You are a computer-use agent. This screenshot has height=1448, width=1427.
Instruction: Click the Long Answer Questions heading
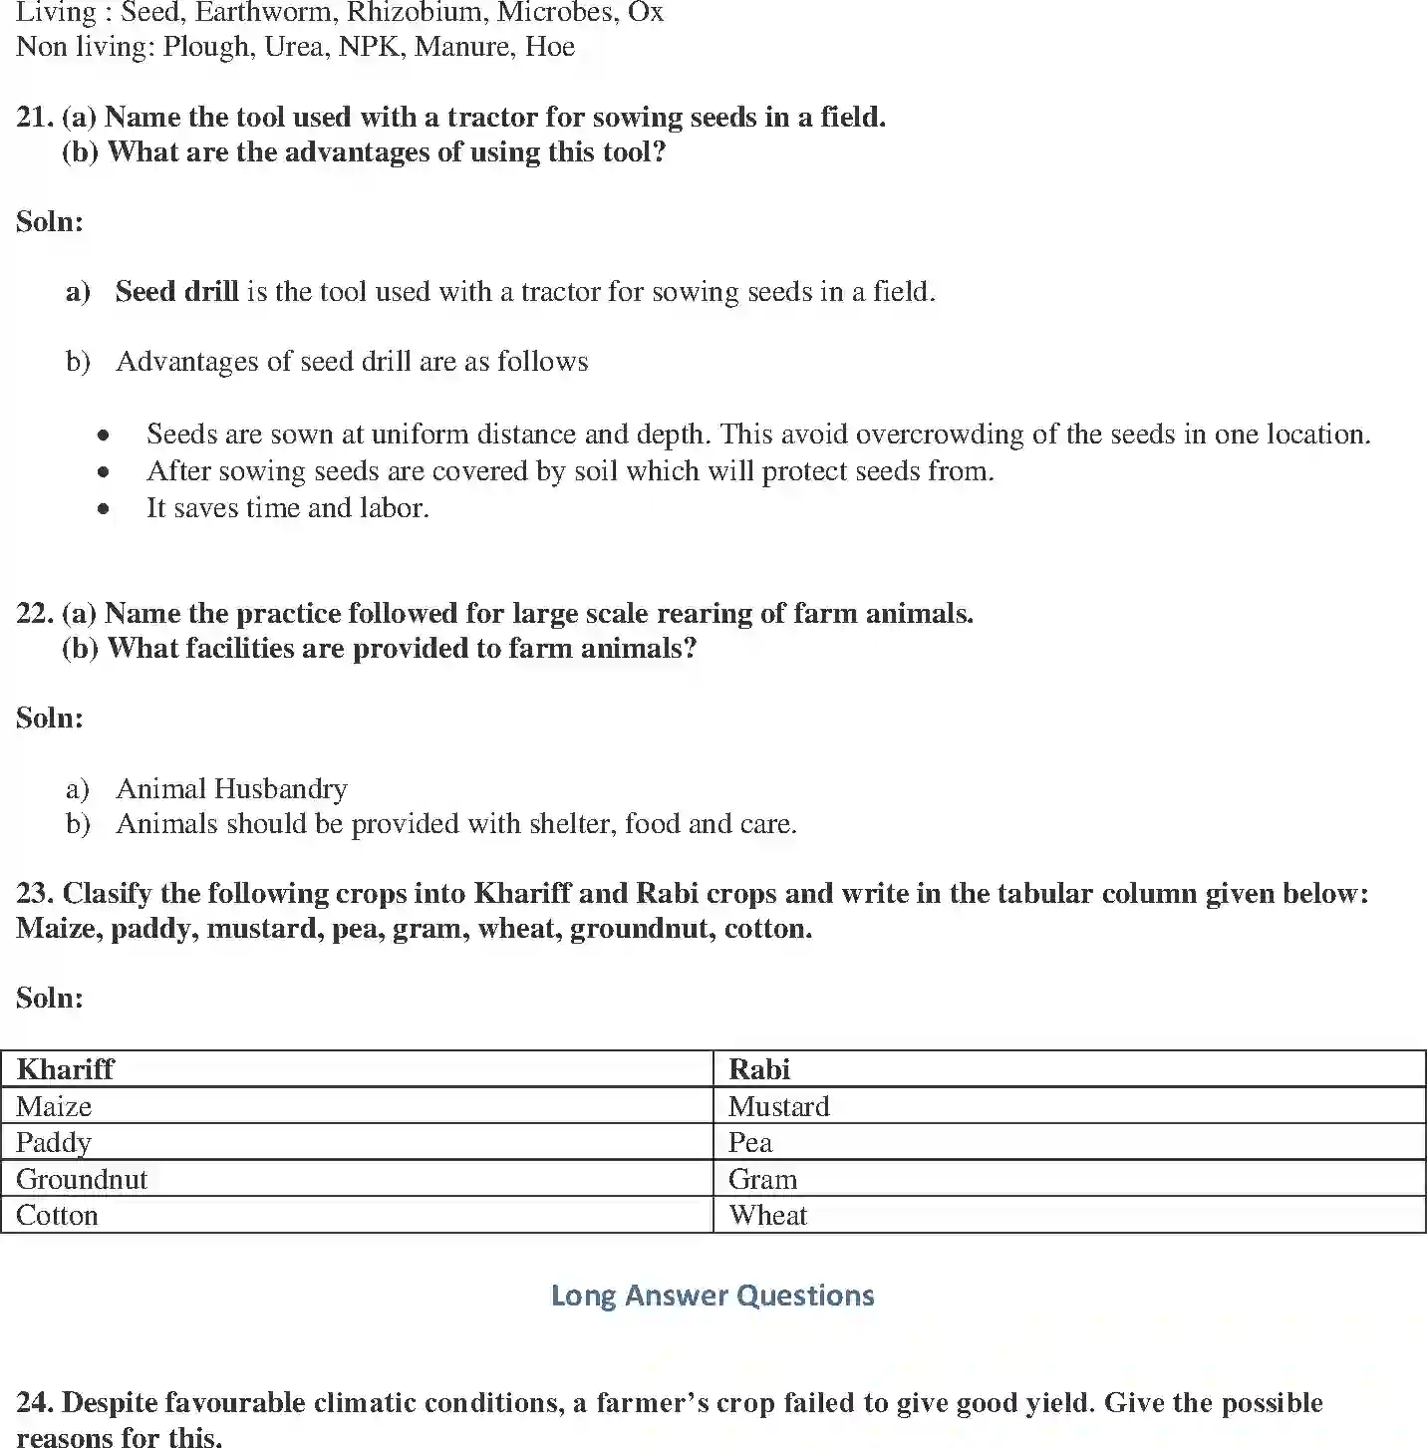click(713, 1296)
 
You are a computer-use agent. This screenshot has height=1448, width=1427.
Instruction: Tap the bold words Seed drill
click(176, 291)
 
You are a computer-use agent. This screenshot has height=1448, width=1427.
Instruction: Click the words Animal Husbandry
click(231, 788)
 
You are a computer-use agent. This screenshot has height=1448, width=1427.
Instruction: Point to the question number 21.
click(34, 117)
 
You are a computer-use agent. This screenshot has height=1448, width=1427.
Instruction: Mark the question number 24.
click(34, 1402)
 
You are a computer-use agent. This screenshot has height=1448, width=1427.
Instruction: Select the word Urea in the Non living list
click(294, 47)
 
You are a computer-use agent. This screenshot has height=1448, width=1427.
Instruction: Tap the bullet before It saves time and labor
click(104, 509)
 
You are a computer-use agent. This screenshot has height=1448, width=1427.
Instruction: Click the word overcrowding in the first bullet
click(940, 434)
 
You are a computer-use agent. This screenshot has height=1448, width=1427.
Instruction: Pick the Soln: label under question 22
click(50, 718)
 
